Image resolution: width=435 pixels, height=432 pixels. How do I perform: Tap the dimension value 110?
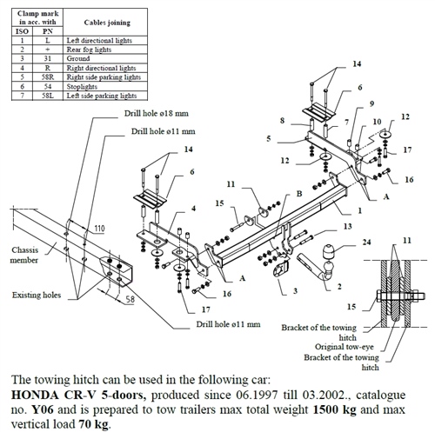tap(99, 229)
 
